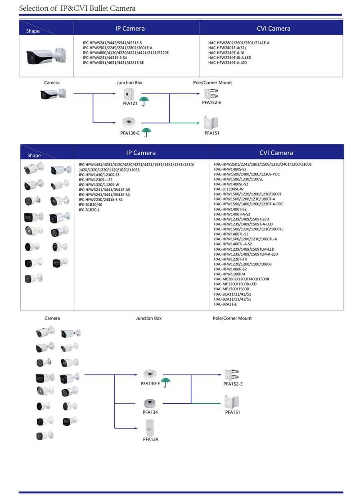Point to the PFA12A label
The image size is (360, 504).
tap(150, 439)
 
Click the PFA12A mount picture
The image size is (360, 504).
tap(150, 426)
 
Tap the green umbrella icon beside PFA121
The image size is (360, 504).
tap(144, 101)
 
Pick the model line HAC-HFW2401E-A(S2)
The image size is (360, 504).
tap(227, 48)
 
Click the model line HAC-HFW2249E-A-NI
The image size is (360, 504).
tap(226, 53)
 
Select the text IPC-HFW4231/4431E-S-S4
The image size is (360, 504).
tap(105, 58)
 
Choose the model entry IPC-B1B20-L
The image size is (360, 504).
tap(89, 210)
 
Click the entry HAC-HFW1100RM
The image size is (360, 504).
tap(229, 274)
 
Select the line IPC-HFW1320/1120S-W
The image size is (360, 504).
tap(99, 184)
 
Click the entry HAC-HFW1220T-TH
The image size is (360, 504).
tap(231, 259)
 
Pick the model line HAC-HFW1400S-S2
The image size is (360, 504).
tap(230, 169)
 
